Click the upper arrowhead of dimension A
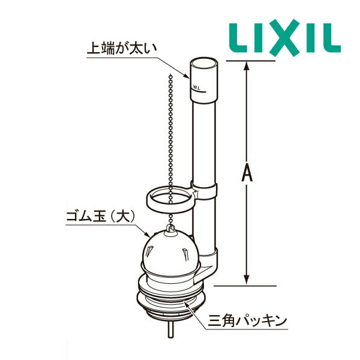point(245,65)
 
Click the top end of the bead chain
point(170,77)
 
